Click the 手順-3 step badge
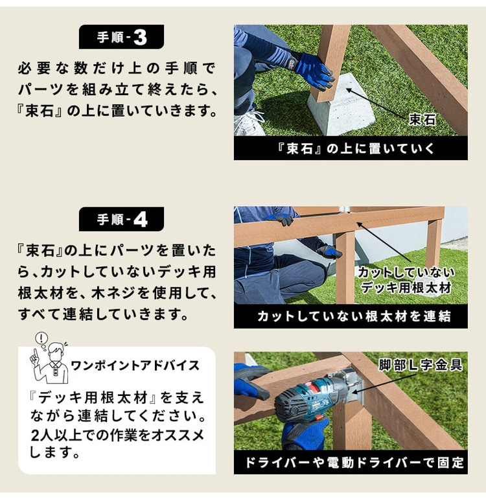pos(121,37)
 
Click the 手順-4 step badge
pos(121,219)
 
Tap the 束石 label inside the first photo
pos(422,120)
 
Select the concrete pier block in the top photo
pos(342,104)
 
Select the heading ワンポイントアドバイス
pos(135,366)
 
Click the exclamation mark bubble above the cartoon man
pos(41,338)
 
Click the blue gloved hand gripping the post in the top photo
pos(314,73)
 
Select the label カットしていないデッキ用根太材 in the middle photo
pos(406,280)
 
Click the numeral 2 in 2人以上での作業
pos(36,435)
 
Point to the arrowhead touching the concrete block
pos(348,89)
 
